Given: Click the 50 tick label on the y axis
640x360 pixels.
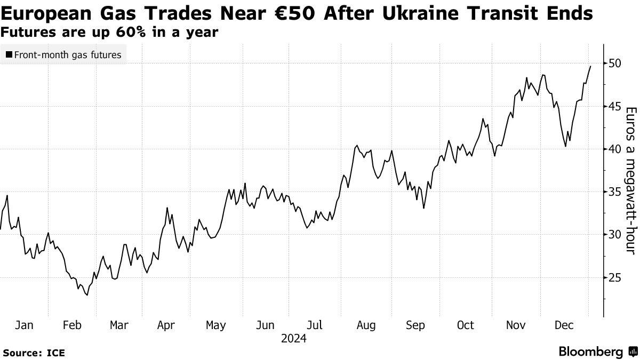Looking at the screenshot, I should [614, 63].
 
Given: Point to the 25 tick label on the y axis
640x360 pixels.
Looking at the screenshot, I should [614, 277].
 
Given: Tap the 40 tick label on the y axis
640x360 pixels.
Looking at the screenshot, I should [614, 149].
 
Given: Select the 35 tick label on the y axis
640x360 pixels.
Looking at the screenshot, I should [614, 192].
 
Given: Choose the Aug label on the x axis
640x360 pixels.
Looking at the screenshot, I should [366, 325].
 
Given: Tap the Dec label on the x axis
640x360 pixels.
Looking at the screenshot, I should [565, 325].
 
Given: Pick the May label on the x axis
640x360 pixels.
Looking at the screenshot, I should [215, 325].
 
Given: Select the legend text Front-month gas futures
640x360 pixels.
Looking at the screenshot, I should [68, 54].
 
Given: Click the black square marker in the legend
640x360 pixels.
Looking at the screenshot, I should [9, 54].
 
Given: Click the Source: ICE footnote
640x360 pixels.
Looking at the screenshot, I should [34, 353].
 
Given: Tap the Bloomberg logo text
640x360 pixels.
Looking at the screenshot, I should [591, 352].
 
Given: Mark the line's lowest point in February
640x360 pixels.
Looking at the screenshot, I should [87, 295].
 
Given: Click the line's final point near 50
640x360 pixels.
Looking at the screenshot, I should [590, 66].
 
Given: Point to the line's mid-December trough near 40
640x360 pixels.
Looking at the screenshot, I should [565, 146].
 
